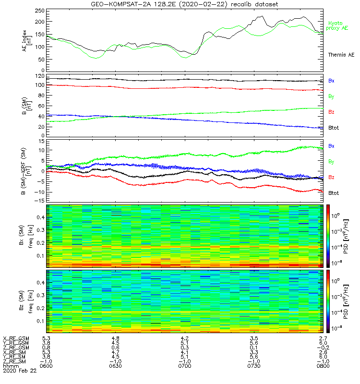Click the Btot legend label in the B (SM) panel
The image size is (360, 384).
[x=334, y=129]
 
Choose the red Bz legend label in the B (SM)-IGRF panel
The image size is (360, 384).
[x=331, y=178]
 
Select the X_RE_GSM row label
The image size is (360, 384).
[x=16, y=338]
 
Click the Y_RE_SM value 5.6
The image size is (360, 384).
[x=253, y=357]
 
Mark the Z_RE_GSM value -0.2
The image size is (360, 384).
[x=321, y=348]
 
